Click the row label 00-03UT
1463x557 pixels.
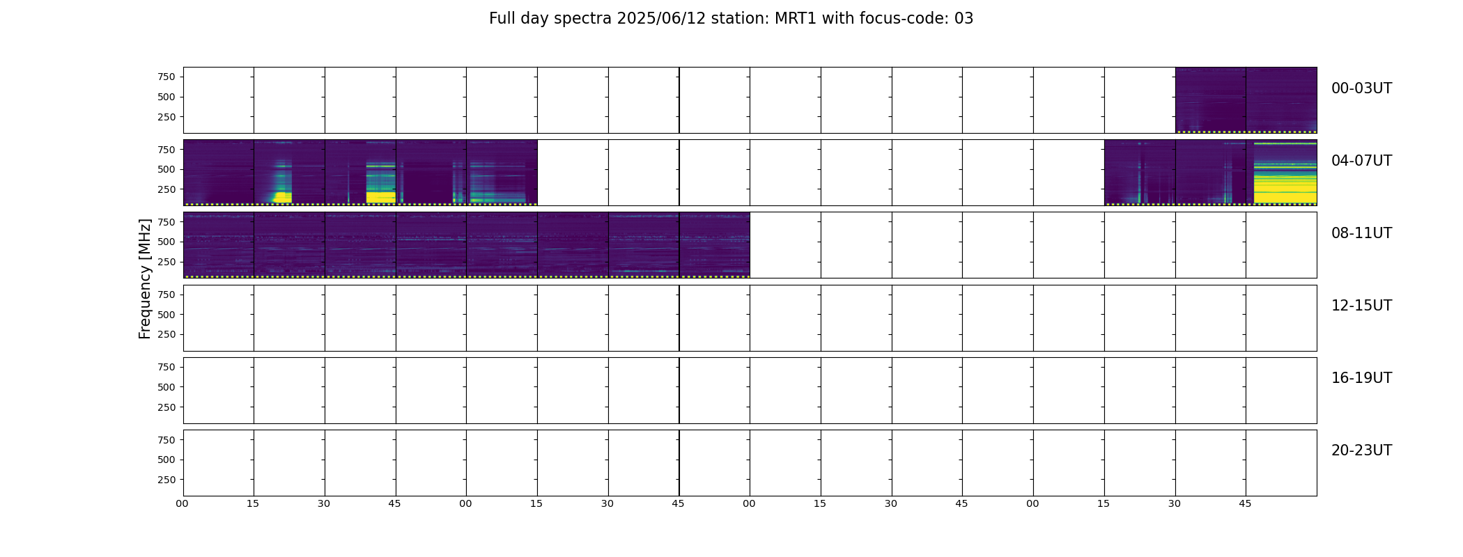(1361, 88)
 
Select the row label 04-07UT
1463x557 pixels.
(1361, 161)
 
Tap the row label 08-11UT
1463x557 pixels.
(1361, 233)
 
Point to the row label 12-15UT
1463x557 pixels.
(1361, 306)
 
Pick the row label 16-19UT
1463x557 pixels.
(1361, 378)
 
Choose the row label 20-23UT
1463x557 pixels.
(1361, 450)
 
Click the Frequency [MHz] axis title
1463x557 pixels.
(145, 278)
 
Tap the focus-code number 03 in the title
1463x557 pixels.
(963, 19)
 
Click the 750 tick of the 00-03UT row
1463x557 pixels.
(167, 77)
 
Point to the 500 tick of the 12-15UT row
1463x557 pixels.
(167, 315)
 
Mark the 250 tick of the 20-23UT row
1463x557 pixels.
(167, 480)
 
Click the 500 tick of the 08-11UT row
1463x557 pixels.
(167, 242)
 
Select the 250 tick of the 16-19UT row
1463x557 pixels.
(167, 407)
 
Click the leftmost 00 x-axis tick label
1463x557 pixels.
(182, 503)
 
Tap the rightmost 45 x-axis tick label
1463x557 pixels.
(1245, 503)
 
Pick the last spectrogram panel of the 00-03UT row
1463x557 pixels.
(1281, 100)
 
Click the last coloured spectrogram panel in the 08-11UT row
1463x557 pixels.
(714, 245)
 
